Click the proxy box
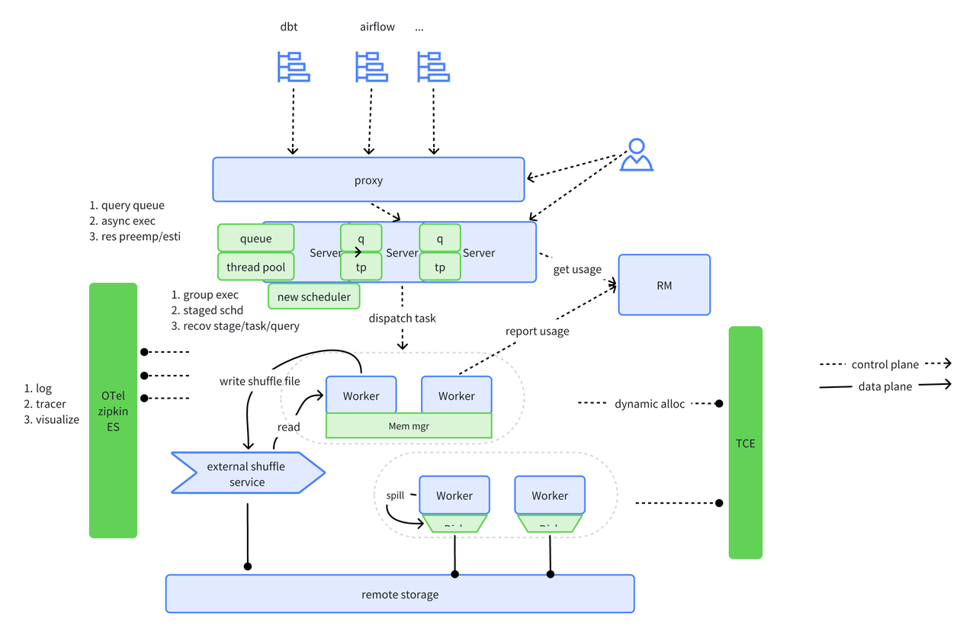[x=368, y=181]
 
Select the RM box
[x=663, y=285]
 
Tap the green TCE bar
[x=745, y=443]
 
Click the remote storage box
[x=400, y=594]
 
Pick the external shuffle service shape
[x=246, y=474]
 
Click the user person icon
[x=637, y=155]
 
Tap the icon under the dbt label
[x=293, y=66]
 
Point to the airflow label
[x=377, y=27]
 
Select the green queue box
[x=255, y=239]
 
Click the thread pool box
[x=255, y=267]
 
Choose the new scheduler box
[x=313, y=296]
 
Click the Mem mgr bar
[x=409, y=426]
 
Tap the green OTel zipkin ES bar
[x=113, y=411]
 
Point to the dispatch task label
[x=402, y=318]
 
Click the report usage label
[x=537, y=331]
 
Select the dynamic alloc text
[x=650, y=404]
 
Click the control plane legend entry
[x=884, y=364]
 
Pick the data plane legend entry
[x=884, y=386]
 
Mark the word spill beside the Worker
[x=395, y=495]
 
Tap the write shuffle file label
[x=260, y=380]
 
